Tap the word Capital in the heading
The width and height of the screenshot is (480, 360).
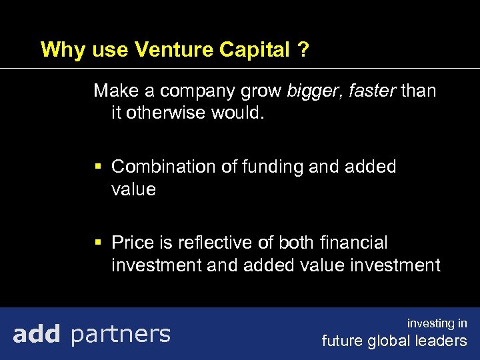coord(250,50)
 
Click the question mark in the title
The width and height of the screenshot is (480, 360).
coord(304,50)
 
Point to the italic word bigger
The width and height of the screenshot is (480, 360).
coord(312,91)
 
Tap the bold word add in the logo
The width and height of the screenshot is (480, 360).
coord(37,333)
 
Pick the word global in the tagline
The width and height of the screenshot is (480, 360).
coord(391,341)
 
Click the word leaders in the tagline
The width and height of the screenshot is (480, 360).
coord(443,341)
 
